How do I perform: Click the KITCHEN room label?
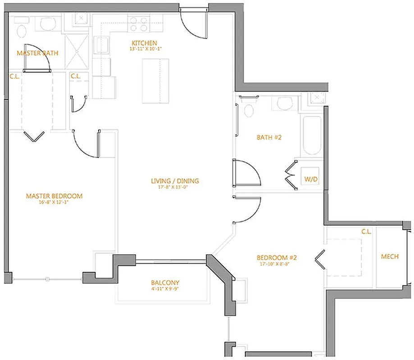pyautogui.click(x=144, y=43)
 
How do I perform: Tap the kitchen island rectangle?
pyautogui.click(x=155, y=81)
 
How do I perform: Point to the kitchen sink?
pyautogui.click(x=101, y=45)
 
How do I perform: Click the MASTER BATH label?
pyautogui.click(x=37, y=53)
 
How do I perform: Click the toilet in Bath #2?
pyautogui.click(x=248, y=108)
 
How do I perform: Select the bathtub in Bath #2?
pyautogui.click(x=312, y=135)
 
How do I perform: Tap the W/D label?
pyautogui.click(x=311, y=179)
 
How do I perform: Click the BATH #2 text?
pyautogui.click(x=269, y=138)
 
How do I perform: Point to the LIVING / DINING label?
pyautogui.click(x=175, y=181)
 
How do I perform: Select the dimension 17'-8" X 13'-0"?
pyautogui.click(x=175, y=188)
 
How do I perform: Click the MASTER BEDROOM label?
pyautogui.click(x=54, y=196)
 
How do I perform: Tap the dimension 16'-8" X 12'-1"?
pyautogui.click(x=54, y=202)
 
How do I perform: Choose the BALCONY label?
pyautogui.click(x=165, y=283)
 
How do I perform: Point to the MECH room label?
pyautogui.click(x=390, y=256)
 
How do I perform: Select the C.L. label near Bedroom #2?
pyautogui.click(x=366, y=232)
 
